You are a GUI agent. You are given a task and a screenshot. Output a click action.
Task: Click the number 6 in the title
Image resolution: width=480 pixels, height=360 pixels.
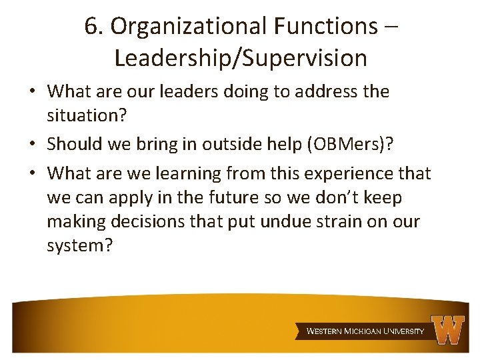click(91, 26)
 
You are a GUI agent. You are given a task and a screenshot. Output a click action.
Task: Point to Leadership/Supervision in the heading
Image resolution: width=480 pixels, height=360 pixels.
click(241, 58)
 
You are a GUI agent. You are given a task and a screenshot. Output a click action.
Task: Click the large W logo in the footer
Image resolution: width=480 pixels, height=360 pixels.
click(447, 329)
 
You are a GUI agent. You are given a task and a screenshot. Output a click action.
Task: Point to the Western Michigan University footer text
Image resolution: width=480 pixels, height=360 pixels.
click(365, 331)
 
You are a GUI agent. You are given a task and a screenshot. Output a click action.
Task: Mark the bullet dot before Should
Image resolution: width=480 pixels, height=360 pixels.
click(35, 145)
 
